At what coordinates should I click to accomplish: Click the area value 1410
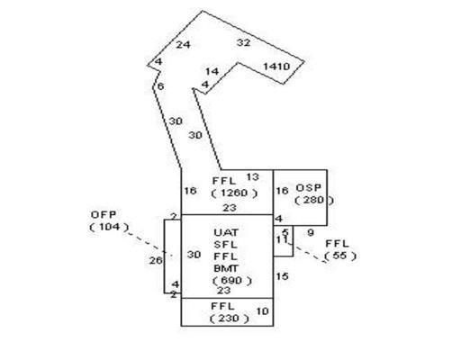pos(276,67)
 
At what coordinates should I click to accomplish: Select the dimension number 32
pos(243,42)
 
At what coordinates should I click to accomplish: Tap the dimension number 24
pos(183,45)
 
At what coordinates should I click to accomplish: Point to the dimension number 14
pos(212,72)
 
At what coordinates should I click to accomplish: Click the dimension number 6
pos(160,86)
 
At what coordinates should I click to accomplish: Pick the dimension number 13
pos(252,177)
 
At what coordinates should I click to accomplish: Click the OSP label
pos(309,188)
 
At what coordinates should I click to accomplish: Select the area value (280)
pos(314,200)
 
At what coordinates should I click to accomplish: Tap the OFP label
pos(104,215)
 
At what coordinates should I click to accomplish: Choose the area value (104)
pos(109,227)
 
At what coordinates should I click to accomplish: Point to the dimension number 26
pos(156,260)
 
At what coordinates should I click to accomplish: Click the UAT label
pos(226,232)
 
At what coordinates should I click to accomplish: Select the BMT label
pos(226,268)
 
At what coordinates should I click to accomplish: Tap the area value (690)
pos(232,281)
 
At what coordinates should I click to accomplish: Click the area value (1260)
pos(234,193)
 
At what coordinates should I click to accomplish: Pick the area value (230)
pos(229,318)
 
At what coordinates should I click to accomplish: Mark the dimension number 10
pos(262,311)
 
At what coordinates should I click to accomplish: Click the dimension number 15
pos(282,276)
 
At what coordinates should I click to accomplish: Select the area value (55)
pos(340,256)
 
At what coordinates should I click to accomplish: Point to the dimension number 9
pos(311,232)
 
